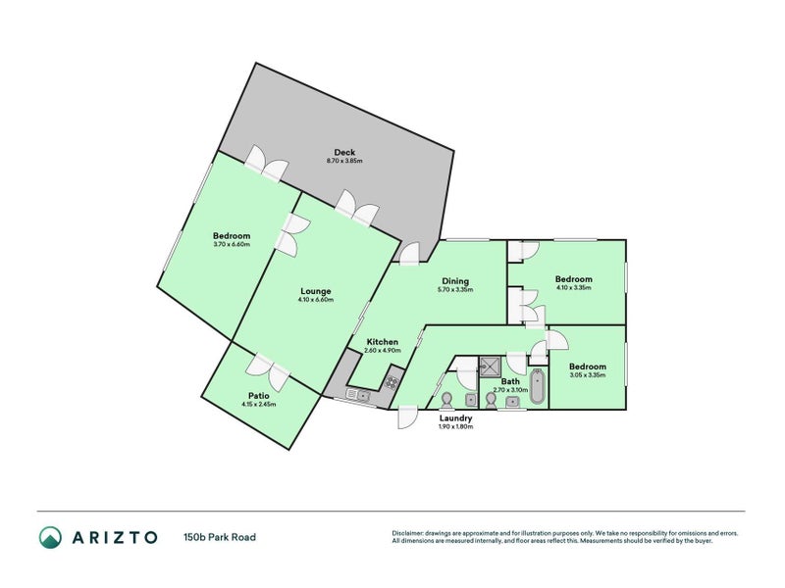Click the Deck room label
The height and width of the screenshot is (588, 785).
coord(344,152)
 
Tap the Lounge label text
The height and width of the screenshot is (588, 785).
coord(316,291)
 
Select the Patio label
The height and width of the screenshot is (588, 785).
coord(259,395)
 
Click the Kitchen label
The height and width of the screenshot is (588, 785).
coord(381,341)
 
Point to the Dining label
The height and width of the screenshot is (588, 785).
coord(456,281)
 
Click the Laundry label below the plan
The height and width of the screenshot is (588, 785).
coord(455,418)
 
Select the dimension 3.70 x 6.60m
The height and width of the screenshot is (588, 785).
coord(233,244)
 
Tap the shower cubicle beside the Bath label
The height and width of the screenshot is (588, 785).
coord(490,367)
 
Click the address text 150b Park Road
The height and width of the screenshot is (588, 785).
coord(220,537)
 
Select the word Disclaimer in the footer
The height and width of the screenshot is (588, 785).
coord(408,533)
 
